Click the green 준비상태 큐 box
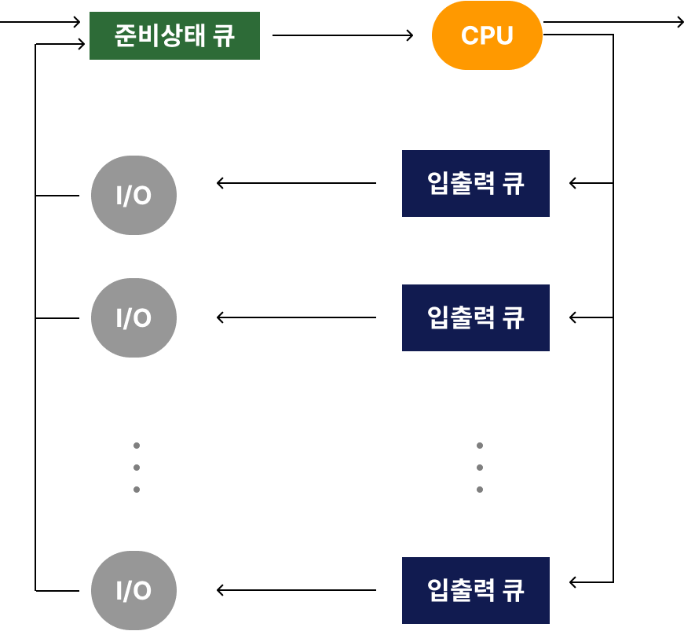pos(174,35)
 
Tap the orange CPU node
pos(487,36)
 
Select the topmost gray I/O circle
pos(134,195)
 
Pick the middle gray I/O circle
pos(134,317)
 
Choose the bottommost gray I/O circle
pos(134,590)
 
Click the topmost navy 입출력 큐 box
pos(475,183)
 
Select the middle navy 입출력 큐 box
pos(475,317)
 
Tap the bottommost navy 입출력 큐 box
pos(475,590)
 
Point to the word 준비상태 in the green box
pos(159,35)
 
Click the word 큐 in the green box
pos(224,35)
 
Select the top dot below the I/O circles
pos(137,446)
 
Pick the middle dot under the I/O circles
pos(137,468)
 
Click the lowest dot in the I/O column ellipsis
pos(137,490)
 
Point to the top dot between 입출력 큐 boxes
pos(480,446)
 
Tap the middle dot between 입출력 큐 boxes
pos(480,468)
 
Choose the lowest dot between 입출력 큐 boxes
pos(480,490)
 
